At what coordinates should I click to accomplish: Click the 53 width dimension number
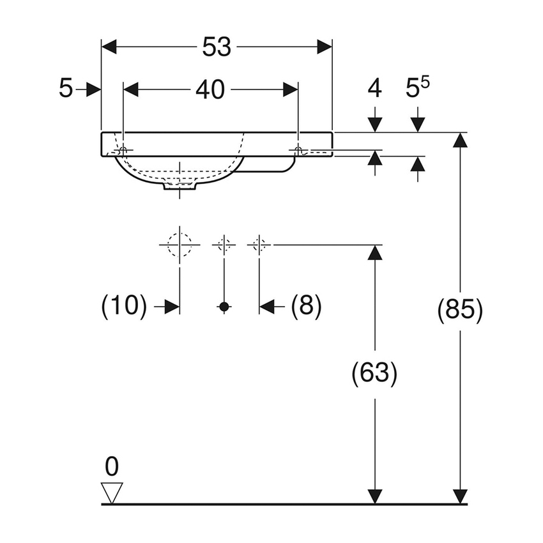click(217, 47)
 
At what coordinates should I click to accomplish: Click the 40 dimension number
click(210, 90)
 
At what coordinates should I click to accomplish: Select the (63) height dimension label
click(374, 373)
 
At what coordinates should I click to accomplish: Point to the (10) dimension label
click(124, 307)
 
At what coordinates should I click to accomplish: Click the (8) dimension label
click(306, 307)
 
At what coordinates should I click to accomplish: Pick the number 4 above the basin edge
click(374, 89)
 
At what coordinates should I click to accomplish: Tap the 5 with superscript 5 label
click(418, 89)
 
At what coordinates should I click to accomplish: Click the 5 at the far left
click(66, 89)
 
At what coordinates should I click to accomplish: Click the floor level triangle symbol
click(112, 493)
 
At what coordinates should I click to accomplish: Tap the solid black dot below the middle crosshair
click(224, 307)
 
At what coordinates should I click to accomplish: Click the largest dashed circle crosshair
click(180, 245)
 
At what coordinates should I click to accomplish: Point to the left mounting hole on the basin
click(123, 150)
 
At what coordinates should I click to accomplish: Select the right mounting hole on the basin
click(298, 150)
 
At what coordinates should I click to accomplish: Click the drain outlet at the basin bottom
click(180, 185)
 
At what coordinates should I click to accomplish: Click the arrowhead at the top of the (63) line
click(374, 252)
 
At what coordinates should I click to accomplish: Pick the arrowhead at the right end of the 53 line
click(325, 47)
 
